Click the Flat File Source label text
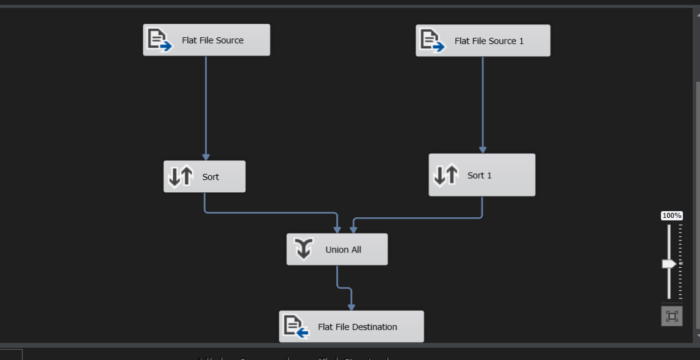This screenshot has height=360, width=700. coord(212,40)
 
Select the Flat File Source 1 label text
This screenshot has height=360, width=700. coord(489,41)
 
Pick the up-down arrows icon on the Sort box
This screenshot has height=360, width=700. coord(181,176)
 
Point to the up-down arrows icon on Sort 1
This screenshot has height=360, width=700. coord(446,175)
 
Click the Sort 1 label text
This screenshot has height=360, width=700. coord(479,175)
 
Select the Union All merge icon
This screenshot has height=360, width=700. coord(304,249)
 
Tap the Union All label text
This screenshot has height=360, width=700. coord(343,250)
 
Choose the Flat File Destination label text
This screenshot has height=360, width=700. coord(357,327)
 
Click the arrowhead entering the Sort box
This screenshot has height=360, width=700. coord(206,157)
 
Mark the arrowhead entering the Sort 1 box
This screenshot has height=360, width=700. coord(483,149)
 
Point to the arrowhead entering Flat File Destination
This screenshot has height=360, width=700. coord(352,307)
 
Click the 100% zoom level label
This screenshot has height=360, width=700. coord(672,215)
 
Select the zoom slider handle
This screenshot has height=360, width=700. coord(669,264)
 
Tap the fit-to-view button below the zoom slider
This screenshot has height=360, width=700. coord(672,316)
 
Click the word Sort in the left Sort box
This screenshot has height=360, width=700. coord(211,177)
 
